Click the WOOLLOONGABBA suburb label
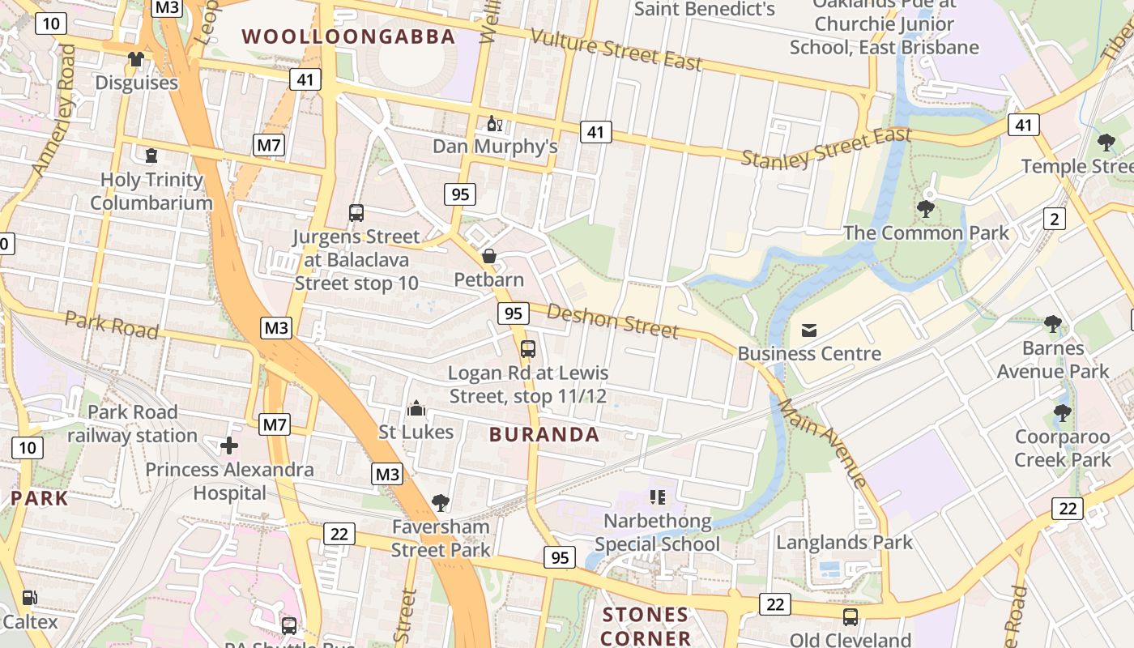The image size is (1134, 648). [x=348, y=36]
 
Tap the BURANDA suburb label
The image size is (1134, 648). [x=544, y=434]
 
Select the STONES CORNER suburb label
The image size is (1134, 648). [x=646, y=626]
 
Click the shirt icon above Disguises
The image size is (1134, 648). [x=136, y=59]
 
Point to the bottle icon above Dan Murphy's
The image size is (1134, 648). [x=494, y=124]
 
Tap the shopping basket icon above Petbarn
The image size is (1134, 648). [x=489, y=257]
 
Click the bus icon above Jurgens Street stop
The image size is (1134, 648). [x=356, y=213]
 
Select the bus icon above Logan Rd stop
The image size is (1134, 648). [x=528, y=349]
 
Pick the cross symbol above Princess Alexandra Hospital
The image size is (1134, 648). [x=229, y=445]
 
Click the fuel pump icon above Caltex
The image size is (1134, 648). [x=29, y=599]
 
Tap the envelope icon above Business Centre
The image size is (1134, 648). [x=808, y=330]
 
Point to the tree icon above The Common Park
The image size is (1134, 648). [x=926, y=209]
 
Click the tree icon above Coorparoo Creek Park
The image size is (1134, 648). [x=1063, y=413]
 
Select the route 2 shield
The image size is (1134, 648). [x=1054, y=219]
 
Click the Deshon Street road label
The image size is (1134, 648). [x=612, y=321]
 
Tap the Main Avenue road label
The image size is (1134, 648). [x=823, y=442]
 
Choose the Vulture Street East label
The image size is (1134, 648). [x=616, y=49]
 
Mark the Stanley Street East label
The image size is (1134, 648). [x=826, y=148]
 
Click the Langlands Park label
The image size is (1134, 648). [x=845, y=542]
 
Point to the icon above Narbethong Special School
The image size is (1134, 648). [x=657, y=497]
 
